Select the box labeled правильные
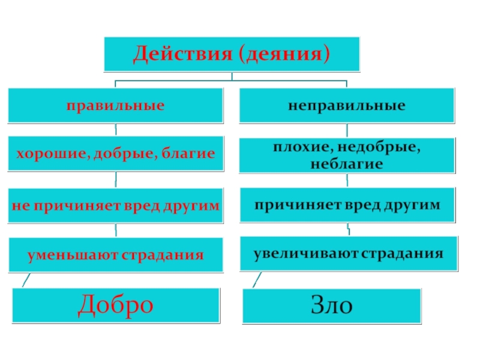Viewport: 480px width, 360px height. [x=115, y=106]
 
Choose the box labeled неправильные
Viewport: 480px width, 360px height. [x=346, y=106]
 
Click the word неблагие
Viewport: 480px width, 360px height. [x=346, y=163]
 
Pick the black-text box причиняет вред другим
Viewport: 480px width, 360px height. [x=347, y=205]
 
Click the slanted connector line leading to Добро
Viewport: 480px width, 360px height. [x=26, y=280]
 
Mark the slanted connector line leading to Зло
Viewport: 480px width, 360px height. [x=257, y=280]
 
